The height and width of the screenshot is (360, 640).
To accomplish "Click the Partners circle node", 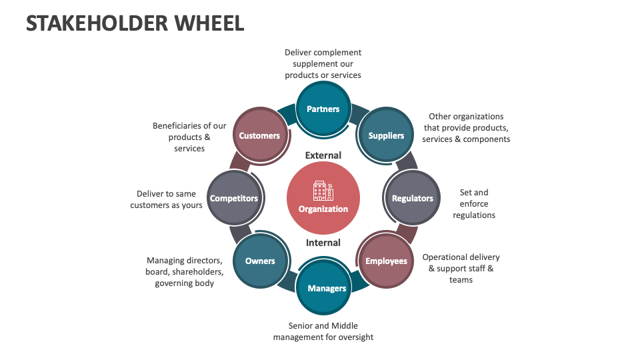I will (323, 109).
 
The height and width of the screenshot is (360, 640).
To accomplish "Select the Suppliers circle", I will (386, 135).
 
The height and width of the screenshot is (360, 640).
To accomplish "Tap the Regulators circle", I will (412, 198).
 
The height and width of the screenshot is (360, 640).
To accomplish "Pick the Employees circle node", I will (386, 261).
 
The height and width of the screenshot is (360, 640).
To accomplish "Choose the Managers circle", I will (327, 288).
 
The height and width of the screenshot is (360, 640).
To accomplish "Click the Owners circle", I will (260, 261).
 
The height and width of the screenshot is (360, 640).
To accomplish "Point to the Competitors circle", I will (234, 198).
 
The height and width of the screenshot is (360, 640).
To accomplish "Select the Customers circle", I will (259, 135).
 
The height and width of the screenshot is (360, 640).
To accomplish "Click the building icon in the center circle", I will (323, 191).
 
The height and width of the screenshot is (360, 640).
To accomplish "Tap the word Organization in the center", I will (323, 209).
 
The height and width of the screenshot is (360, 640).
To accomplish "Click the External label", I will (323, 155).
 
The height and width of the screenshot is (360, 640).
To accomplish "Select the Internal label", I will (323, 243).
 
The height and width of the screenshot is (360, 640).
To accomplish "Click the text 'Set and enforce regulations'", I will (474, 203).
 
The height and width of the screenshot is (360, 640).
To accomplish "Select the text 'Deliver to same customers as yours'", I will (166, 199).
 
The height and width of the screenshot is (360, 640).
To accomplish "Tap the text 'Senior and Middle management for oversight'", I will (323, 331).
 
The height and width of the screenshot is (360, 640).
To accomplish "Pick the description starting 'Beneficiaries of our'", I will (189, 137).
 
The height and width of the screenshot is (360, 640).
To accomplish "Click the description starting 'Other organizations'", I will (466, 128).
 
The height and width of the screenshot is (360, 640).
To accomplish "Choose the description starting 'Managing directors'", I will (185, 272).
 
